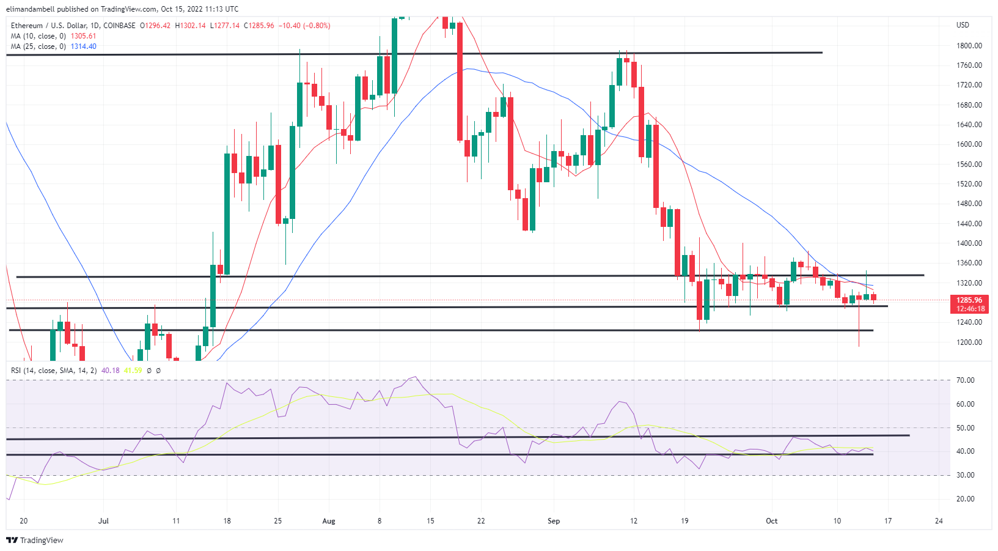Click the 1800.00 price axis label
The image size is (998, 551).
click(x=969, y=46)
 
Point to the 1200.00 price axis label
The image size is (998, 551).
click(x=969, y=342)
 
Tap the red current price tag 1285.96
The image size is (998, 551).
click(x=969, y=300)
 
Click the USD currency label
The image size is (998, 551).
click(x=963, y=25)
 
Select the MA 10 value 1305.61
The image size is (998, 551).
click(x=83, y=36)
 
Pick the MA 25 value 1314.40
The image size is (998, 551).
click(x=83, y=46)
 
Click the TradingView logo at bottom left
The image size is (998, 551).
click(x=35, y=540)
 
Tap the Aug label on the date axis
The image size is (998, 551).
click(x=329, y=521)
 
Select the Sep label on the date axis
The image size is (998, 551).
click(x=554, y=521)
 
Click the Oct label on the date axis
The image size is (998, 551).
click(x=772, y=521)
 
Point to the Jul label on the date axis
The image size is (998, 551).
click(x=103, y=521)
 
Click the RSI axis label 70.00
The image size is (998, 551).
click(x=965, y=380)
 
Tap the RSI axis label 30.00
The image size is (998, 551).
click(x=965, y=475)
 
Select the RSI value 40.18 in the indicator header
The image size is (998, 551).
click(x=111, y=371)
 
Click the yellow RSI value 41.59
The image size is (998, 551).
click(x=133, y=371)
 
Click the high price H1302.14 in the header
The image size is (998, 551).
click(x=190, y=26)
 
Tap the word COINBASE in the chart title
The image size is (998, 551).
click(x=120, y=26)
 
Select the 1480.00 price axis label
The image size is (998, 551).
click(x=969, y=204)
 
